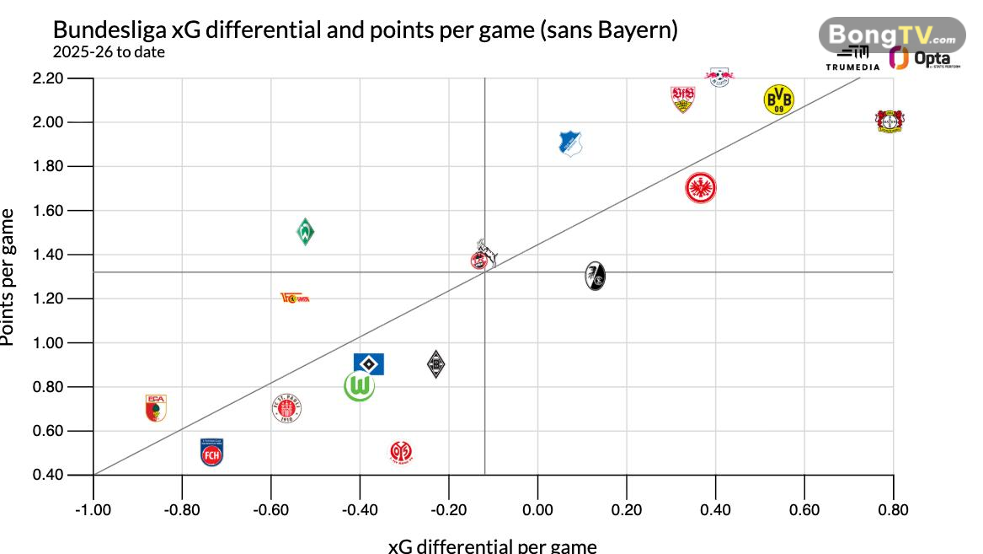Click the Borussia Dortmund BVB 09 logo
(x=778, y=100)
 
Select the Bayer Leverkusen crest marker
(x=889, y=121)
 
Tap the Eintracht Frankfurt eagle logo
(x=701, y=188)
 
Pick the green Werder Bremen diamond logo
(x=306, y=231)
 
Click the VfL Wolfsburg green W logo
(x=360, y=386)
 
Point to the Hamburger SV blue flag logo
(x=368, y=363)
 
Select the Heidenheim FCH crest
(x=212, y=453)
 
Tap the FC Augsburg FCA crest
(x=156, y=407)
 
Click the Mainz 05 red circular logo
(x=401, y=453)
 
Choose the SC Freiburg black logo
(x=596, y=276)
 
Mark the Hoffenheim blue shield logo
(x=571, y=143)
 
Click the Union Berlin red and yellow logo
(x=295, y=298)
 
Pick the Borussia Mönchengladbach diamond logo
(x=435, y=364)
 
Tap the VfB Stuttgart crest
(x=682, y=99)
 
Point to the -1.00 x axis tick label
(x=93, y=508)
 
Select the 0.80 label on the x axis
(x=893, y=508)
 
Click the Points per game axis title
(x=8, y=277)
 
